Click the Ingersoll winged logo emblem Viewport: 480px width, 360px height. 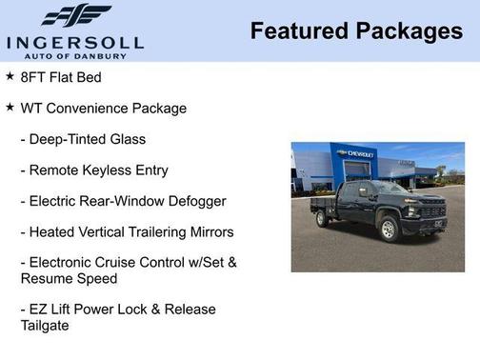click(x=76, y=15)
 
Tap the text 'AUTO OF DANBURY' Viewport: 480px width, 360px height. click(x=75, y=54)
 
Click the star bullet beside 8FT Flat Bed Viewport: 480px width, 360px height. click(x=10, y=76)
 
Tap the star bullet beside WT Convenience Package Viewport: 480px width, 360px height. click(x=10, y=107)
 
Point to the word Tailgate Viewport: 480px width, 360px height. click(x=45, y=326)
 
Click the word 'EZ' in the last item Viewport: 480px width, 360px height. click(x=41, y=310)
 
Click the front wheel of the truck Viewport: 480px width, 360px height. click(x=389, y=229)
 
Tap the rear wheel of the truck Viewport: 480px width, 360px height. click(x=323, y=218)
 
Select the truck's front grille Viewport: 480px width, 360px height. click(x=433, y=210)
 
